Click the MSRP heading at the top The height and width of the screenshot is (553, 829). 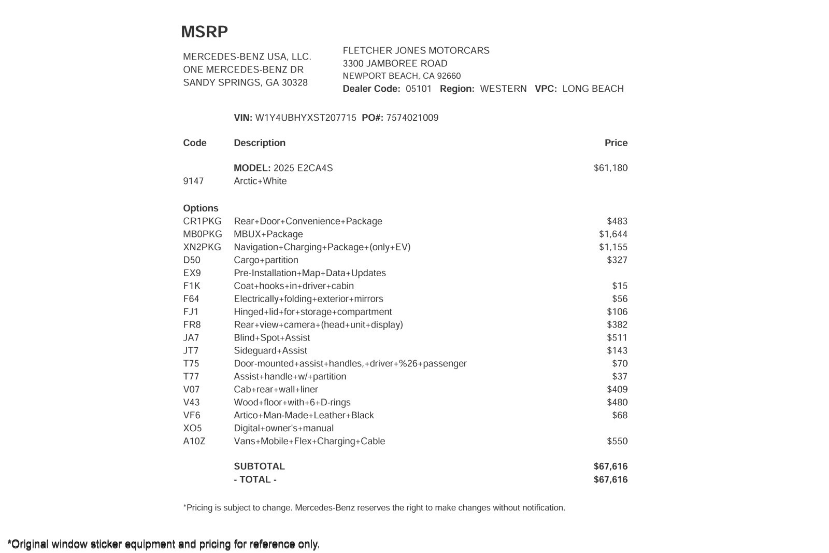point(204,32)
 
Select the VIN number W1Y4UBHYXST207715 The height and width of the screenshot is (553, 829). point(306,118)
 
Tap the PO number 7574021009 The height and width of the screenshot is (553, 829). point(412,118)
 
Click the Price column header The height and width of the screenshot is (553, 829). point(616,143)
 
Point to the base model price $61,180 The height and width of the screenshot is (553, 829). point(610,168)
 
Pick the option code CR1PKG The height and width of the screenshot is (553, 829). point(202,221)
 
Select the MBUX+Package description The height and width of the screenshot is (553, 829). point(268,234)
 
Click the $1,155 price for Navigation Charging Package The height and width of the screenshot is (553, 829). point(613,247)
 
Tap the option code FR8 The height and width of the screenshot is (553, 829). point(192,325)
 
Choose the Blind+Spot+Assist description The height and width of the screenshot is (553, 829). point(271,338)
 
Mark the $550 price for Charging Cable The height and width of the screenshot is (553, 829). point(617,442)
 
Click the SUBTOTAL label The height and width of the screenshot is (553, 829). point(259,466)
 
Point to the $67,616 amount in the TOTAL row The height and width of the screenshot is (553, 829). point(610,479)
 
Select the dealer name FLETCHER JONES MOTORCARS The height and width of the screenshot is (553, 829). point(416,51)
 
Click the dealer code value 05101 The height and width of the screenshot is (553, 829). point(418,89)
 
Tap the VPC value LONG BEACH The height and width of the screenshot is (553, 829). point(593,89)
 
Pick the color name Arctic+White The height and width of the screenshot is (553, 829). point(260,181)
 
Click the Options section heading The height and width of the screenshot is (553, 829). point(201,208)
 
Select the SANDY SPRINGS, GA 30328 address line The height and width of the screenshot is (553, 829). point(245,83)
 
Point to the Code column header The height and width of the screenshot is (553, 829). point(194,143)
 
